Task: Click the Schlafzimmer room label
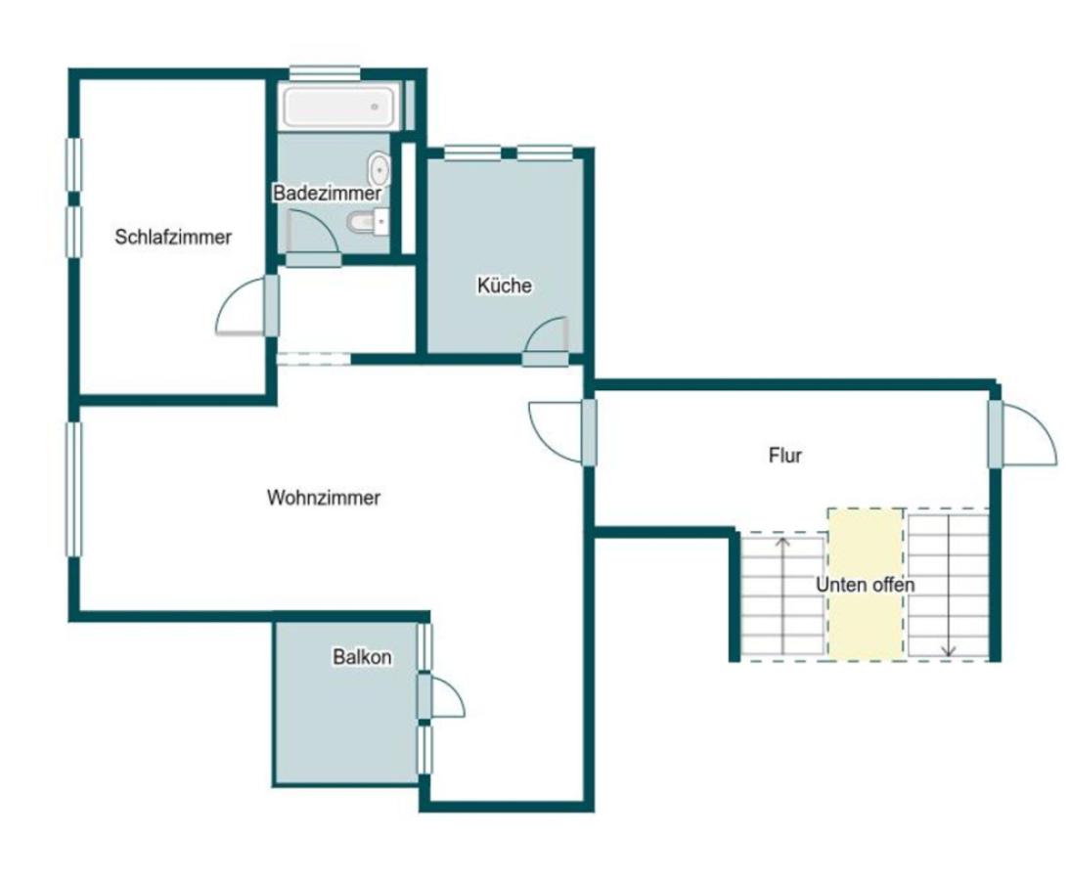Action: click(x=173, y=238)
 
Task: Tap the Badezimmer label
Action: click(x=328, y=193)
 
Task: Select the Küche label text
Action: click(x=505, y=285)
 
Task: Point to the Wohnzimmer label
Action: click(x=324, y=498)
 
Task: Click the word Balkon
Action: click(x=362, y=657)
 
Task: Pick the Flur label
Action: click(x=785, y=455)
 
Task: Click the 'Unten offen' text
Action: click(x=866, y=585)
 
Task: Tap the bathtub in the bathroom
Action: click(x=338, y=107)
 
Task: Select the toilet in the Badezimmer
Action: click(x=368, y=222)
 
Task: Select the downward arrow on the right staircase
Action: click(x=949, y=586)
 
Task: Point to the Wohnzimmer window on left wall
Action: click(x=73, y=490)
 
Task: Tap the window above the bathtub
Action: click(x=325, y=73)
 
